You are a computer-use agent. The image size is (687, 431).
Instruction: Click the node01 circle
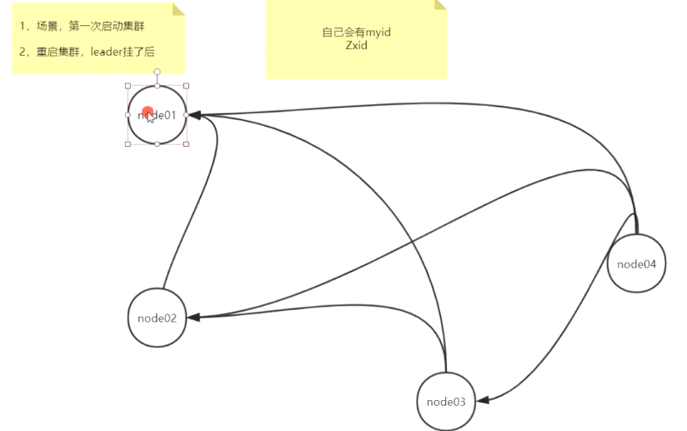(x=157, y=115)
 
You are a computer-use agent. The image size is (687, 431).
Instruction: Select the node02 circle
(x=157, y=318)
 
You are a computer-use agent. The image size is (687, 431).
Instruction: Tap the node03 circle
(x=446, y=401)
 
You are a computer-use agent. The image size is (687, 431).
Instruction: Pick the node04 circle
(x=637, y=264)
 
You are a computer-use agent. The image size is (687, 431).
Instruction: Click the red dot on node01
(x=148, y=113)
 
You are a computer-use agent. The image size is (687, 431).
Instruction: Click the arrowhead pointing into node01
(x=193, y=114)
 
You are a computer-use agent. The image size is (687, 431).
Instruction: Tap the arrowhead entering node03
(x=483, y=401)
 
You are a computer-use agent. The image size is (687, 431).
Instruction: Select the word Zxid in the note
(x=356, y=45)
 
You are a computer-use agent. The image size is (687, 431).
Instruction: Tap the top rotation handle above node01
(x=157, y=72)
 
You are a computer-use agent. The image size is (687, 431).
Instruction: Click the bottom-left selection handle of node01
(x=128, y=144)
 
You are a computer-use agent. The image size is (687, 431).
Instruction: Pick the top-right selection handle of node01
(x=186, y=85)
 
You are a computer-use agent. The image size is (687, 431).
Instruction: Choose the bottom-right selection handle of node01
(x=186, y=144)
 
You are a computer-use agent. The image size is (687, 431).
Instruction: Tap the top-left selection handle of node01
(x=128, y=85)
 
